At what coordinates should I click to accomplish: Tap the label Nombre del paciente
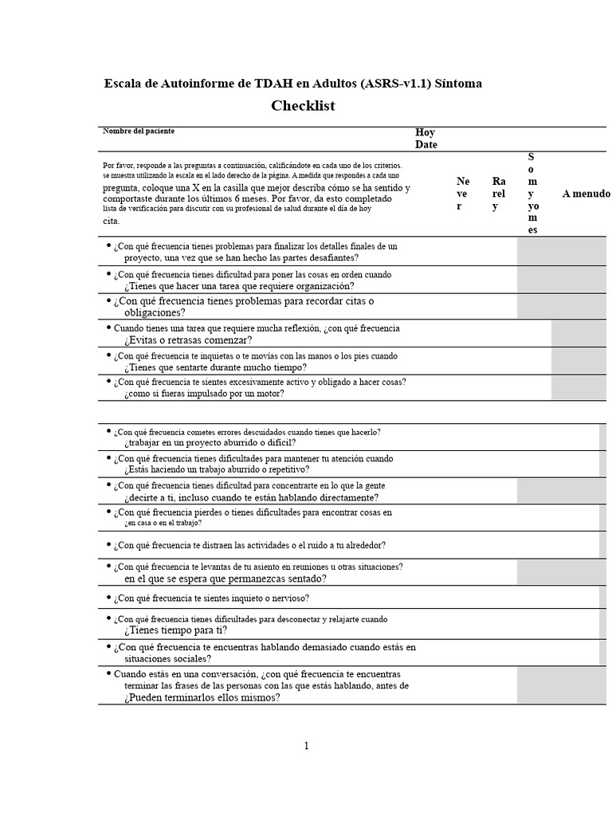(138, 131)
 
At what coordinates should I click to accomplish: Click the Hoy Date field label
(426, 139)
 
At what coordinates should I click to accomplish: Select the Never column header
(463, 194)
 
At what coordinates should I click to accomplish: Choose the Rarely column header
(499, 194)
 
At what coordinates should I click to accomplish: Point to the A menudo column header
(586, 194)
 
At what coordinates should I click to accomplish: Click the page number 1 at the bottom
(306, 746)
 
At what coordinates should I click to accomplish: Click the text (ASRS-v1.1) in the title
(400, 83)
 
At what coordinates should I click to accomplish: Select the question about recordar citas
(243, 301)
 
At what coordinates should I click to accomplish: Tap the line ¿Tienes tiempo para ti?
(175, 630)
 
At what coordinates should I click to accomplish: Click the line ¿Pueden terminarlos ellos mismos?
(202, 697)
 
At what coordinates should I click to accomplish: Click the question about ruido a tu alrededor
(249, 545)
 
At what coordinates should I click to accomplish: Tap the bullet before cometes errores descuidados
(108, 431)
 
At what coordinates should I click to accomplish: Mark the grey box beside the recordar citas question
(561, 306)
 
